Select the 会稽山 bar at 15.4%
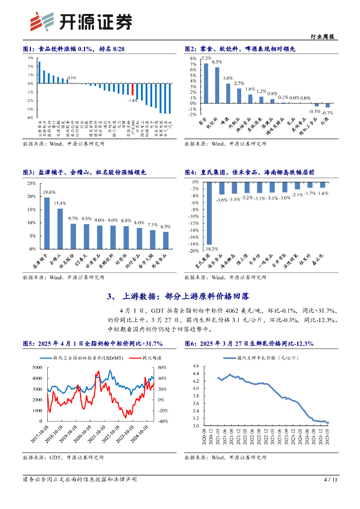[x=60, y=228]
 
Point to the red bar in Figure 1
[x=133, y=89]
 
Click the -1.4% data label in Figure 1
[x=132, y=100]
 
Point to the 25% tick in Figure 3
[x=31, y=183]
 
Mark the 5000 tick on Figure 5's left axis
[x=37, y=367]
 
